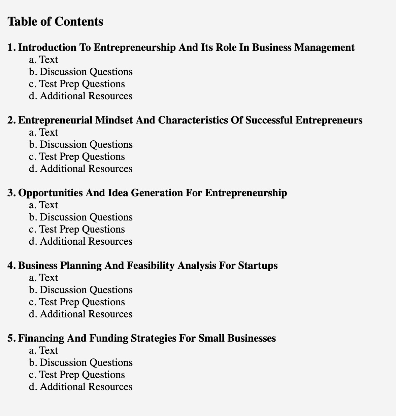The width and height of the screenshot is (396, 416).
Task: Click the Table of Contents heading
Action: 55,22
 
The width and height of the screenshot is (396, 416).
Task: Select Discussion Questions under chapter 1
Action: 86,72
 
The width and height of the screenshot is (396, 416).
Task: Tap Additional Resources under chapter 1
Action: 86,96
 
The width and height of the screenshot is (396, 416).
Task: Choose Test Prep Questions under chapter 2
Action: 82,157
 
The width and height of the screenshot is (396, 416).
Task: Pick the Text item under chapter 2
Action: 48,132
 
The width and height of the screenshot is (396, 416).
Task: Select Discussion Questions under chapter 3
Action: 86,217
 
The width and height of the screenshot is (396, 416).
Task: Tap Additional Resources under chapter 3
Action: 86,241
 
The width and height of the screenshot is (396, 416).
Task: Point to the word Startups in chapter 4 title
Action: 258,266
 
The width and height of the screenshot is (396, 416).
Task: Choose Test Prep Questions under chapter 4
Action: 82,302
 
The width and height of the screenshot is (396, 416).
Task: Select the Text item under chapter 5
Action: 48,350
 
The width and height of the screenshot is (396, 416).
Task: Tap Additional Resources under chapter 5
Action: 86,387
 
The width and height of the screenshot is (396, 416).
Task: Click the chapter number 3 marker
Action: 11,193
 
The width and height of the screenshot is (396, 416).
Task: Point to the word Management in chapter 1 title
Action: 324,47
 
